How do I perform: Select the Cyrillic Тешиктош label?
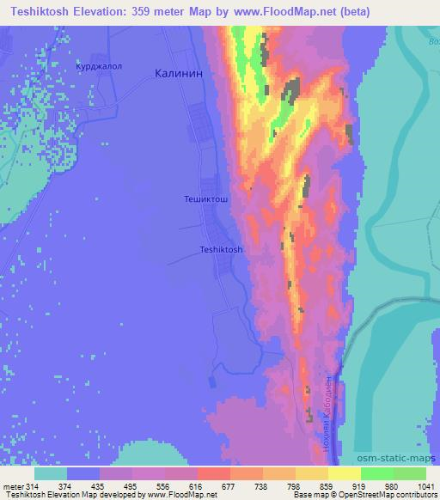[206, 198]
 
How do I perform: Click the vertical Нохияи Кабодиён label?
[327, 413]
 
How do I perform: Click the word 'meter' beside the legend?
[13, 487]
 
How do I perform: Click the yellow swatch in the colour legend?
[344, 474]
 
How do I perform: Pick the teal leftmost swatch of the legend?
[51, 474]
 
